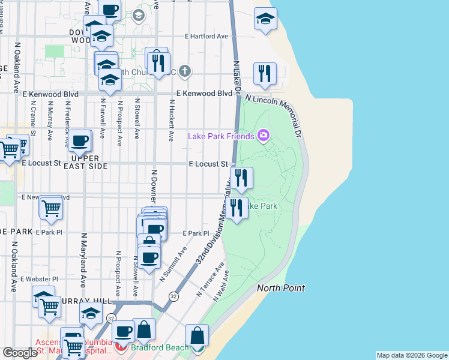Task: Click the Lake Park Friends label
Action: (x=221, y=136)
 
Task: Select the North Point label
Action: (x=281, y=289)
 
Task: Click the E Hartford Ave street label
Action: (x=206, y=37)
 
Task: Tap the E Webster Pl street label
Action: (x=39, y=279)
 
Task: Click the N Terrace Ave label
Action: (x=211, y=279)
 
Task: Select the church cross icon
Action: (x=185, y=72)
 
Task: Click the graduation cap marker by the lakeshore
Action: (x=265, y=19)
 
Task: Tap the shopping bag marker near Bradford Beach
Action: (x=197, y=336)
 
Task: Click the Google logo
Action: (x=20, y=353)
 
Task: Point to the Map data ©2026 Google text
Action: (x=412, y=355)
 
